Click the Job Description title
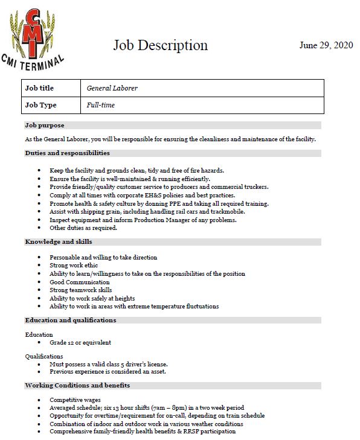click(x=161, y=45)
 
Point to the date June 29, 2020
click(x=327, y=45)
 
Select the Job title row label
click(x=40, y=88)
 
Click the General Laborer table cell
click(x=112, y=88)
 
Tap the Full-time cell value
click(x=101, y=105)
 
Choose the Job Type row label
click(x=41, y=105)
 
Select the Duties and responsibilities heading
click(x=67, y=153)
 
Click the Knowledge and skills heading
click(x=58, y=241)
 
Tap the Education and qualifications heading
click(x=70, y=320)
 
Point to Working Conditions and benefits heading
click(x=77, y=385)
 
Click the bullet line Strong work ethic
click(x=74, y=266)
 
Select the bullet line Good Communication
click(x=80, y=282)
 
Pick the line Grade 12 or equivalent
click(x=80, y=343)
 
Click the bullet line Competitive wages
click(x=76, y=400)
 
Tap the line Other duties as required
click(x=83, y=228)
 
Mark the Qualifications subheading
click(x=44, y=356)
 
